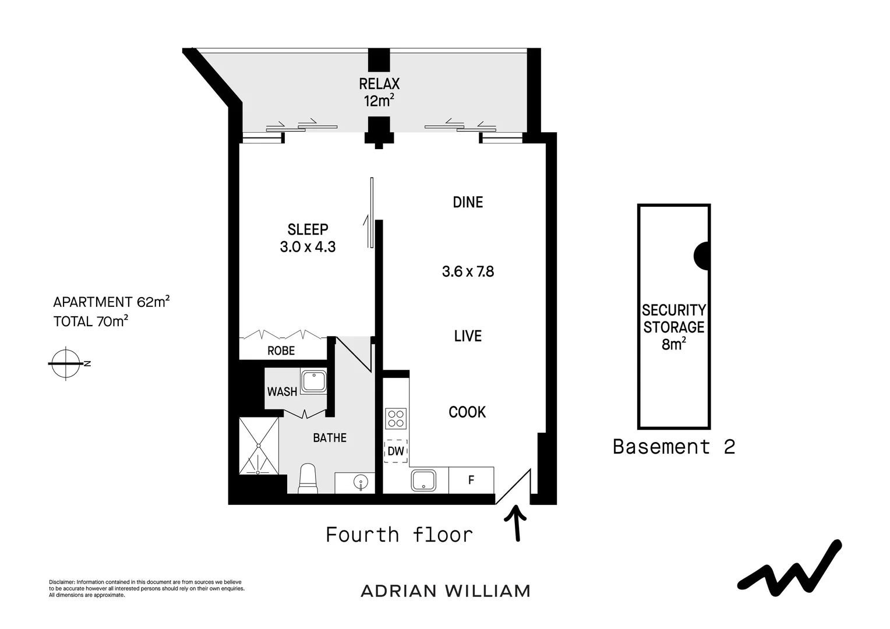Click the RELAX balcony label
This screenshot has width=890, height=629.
[379, 92]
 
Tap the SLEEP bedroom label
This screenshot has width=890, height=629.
[308, 238]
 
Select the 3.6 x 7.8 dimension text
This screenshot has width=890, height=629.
[468, 271]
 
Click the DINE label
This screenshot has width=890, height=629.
[468, 202]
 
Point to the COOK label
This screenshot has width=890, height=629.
[467, 412]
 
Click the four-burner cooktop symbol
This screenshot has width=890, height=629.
[396, 419]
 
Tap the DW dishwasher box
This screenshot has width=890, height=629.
[396, 451]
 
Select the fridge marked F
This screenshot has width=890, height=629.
[471, 480]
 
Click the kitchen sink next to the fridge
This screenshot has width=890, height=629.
[423, 480]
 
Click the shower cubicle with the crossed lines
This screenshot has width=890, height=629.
[259, 446]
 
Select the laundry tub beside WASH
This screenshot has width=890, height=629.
[313, 381]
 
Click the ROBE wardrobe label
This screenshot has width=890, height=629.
[281, 351]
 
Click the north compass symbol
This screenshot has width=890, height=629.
[66, 363]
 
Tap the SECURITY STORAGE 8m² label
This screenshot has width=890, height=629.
[673, 327]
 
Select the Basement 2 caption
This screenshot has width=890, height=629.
[673, 447]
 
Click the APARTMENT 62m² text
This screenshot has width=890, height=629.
[111, 302]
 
